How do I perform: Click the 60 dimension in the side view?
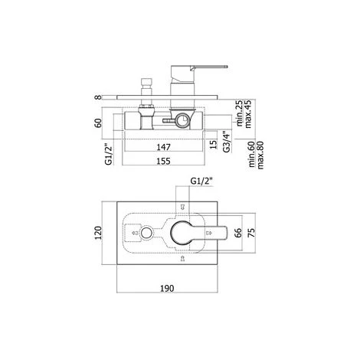click(97, 123)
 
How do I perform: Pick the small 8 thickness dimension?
click(97, 97)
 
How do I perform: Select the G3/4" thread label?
click(226, 142)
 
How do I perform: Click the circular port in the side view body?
click(182, 120)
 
